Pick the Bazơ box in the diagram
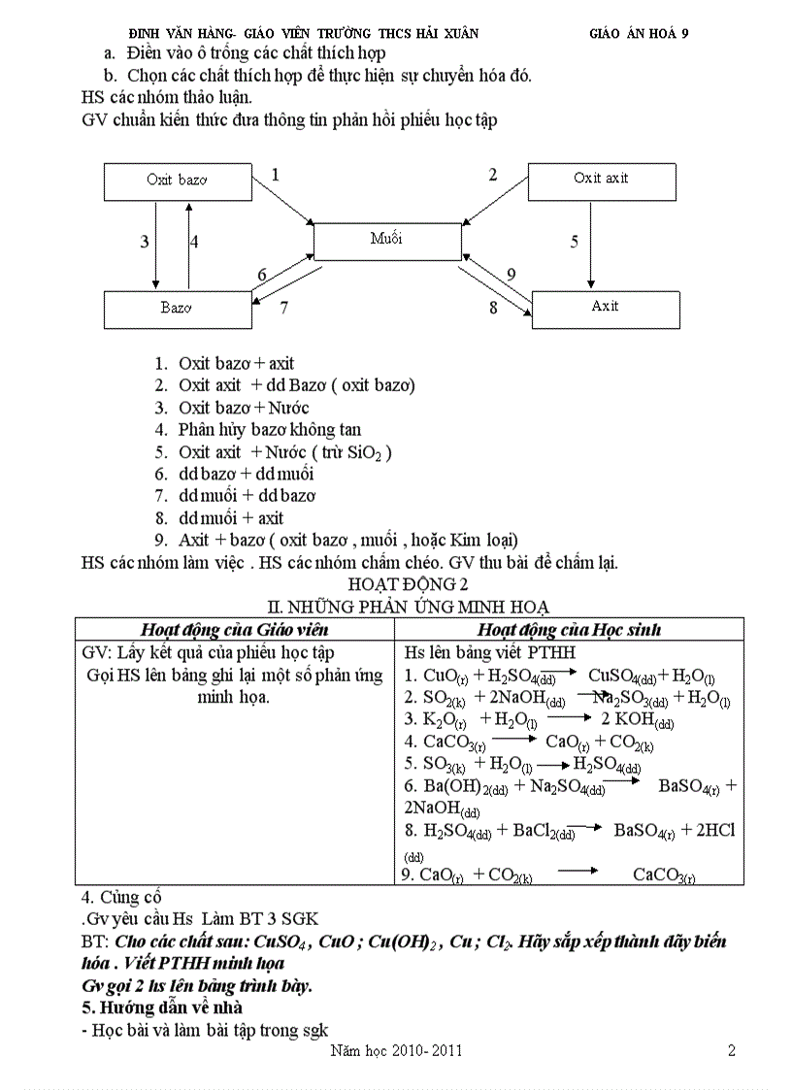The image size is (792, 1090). (177, 309)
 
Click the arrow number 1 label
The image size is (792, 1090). (276, 176)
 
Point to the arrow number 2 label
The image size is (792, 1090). (493, 176)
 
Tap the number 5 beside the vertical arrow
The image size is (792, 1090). (575, 242)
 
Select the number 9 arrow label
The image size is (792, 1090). (511, 274)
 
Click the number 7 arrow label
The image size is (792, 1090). (283, 309)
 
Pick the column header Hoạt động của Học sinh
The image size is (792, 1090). (569, 630)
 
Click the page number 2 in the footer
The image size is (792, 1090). (732, 1050)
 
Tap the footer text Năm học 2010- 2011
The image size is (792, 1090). (396, 1051)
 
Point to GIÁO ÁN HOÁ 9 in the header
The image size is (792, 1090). (640, 32)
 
